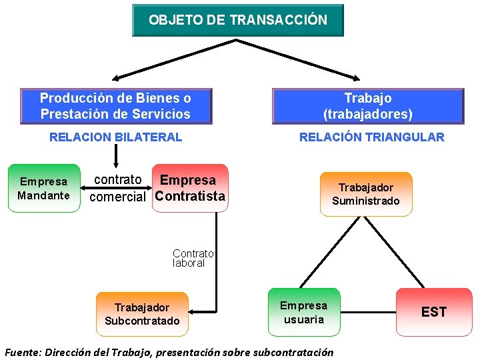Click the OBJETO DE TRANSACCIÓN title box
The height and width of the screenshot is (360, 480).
coord(238,20)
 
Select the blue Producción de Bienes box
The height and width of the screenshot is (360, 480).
coord(115,106)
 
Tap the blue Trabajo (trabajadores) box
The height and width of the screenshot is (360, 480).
coord(367,106)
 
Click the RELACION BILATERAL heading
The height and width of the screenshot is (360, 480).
coord(115,137)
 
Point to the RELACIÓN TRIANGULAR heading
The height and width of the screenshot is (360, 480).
coord(371,137)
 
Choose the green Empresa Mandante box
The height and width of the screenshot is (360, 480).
coord(43,189)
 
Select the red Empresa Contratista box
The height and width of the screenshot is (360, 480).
coord(190,189)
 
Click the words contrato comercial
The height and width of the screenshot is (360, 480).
coord(117,189)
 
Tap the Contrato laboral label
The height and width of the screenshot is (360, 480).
coord(193,258)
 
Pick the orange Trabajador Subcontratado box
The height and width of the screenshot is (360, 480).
coord(142,314)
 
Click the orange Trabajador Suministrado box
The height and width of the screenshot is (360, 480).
coord(366,194)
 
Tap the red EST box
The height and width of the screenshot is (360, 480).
coord(433,312)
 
